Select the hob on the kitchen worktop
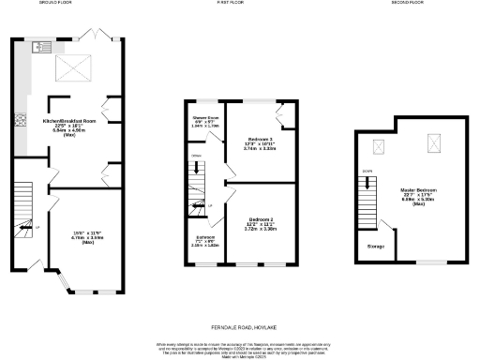pos(18,120)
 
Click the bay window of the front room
pos(67,279)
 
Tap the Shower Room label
pos(205,118)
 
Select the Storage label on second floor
pos(375,246)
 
